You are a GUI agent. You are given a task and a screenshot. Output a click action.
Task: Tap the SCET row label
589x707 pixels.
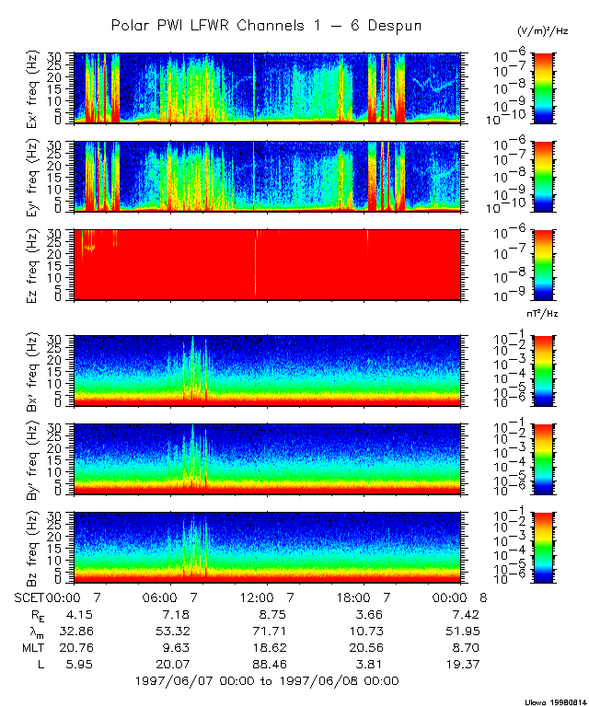pyautogui.click(x=29, y=597)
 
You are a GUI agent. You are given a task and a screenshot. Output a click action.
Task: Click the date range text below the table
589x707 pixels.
pyautogui.click(x=267, y=681)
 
